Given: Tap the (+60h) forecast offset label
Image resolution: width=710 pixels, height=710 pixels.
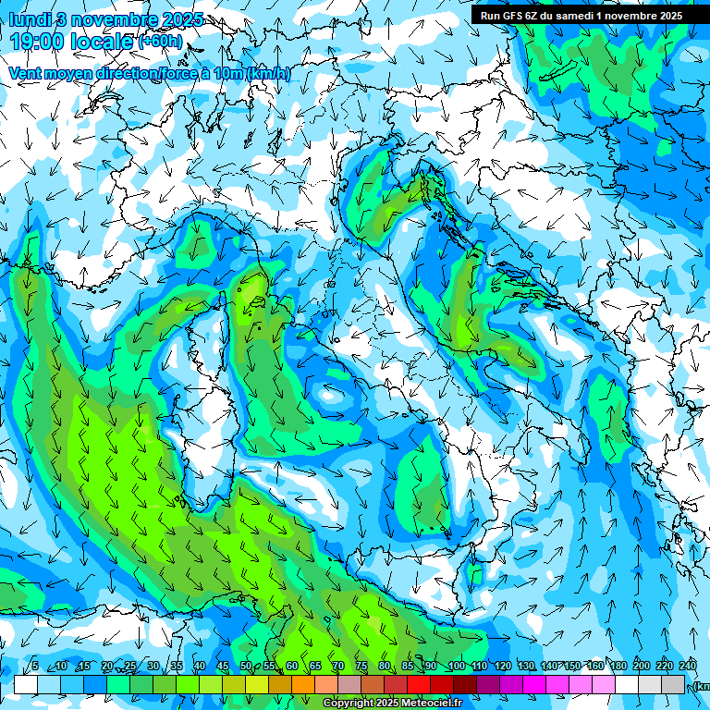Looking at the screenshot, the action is click(x=160, y=42).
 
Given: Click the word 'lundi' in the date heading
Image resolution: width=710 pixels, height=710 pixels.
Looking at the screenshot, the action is click(x=26, y=18).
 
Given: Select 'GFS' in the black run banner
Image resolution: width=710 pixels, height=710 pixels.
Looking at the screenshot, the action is click(x=516, y=15).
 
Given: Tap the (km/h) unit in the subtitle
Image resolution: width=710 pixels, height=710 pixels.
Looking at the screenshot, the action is click(x=268, y=73).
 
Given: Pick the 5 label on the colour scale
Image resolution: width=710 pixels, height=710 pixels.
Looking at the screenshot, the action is click(x=34, y=666).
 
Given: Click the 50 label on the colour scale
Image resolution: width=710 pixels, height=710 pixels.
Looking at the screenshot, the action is click(x=246, y=666).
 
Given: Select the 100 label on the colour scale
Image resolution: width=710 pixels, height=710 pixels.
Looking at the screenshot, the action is click(x=457, y=666).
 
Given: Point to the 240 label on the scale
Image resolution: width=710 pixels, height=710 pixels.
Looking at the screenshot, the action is click(x=688, y=666).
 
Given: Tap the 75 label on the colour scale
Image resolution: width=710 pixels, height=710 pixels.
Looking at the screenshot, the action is click(x=362, y=666).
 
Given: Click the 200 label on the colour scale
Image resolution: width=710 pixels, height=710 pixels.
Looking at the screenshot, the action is click(x=642, y=666).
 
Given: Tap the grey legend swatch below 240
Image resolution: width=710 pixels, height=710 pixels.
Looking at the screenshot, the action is click(x=673, y=684).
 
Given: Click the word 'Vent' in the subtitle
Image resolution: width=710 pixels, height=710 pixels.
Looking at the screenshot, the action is click(x=26, y=73).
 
